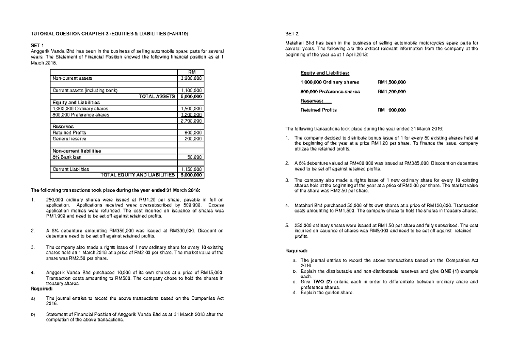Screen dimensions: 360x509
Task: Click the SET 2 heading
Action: tap(293, 33)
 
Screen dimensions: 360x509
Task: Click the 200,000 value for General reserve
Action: tap(193, 139)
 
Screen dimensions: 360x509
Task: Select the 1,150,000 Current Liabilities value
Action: tap(191, 169)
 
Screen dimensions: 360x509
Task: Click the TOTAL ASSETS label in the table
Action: tap(157, 96)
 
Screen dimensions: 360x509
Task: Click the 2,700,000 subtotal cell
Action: tap(191, 121)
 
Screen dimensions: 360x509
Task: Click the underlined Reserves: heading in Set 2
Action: tap(312, 101)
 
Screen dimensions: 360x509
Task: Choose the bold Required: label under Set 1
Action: tap(42, 289)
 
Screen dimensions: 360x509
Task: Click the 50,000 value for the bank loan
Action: tap(195, 157)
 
